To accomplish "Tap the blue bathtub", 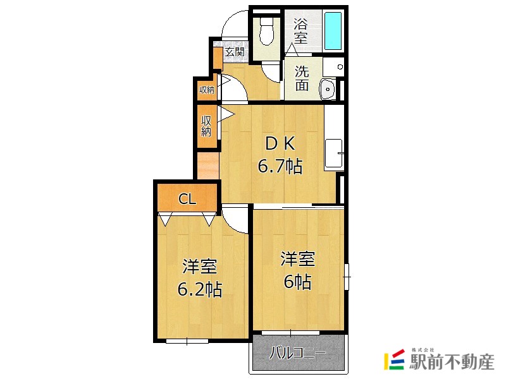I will tap(333, 30).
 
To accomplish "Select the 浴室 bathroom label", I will tap(301, 31).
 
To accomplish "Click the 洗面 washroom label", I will tap(302, 78).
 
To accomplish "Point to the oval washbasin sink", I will tap(328, 89).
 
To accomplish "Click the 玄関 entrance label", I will tap(235, 52).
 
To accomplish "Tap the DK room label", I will tap(279, 144).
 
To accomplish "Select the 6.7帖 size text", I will tap(279, 166).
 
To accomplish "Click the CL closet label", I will tap(187, 200).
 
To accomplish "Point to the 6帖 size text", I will tap(297, 281).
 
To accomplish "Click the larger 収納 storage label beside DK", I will tap(206, 126).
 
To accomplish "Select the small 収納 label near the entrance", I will tap(206, 90).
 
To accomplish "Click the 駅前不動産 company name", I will tap(451, 362).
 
